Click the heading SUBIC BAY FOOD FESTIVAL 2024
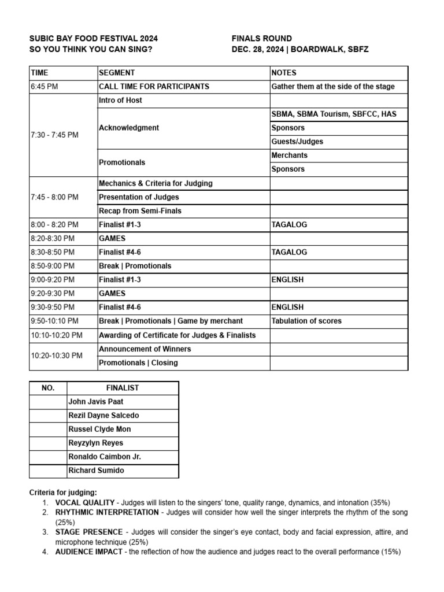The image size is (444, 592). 93,39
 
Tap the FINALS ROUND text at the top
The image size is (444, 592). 261,39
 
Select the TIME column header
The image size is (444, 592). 40,73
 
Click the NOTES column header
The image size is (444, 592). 284,73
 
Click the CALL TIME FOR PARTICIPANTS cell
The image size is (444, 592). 154,87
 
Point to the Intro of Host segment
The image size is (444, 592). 120,101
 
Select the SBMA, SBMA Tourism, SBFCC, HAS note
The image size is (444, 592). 334,114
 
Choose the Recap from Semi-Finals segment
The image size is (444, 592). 140,211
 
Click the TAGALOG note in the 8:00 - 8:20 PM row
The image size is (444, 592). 289,225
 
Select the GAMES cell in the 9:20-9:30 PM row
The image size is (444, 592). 112,294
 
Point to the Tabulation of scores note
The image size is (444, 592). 306,321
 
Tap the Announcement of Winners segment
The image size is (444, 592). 145,349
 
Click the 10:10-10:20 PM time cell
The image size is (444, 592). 57,335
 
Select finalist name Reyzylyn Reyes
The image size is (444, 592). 97,443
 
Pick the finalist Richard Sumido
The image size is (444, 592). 96,471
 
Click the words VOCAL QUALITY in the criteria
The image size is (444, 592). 84,503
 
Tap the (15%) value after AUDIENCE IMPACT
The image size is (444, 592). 391,552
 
